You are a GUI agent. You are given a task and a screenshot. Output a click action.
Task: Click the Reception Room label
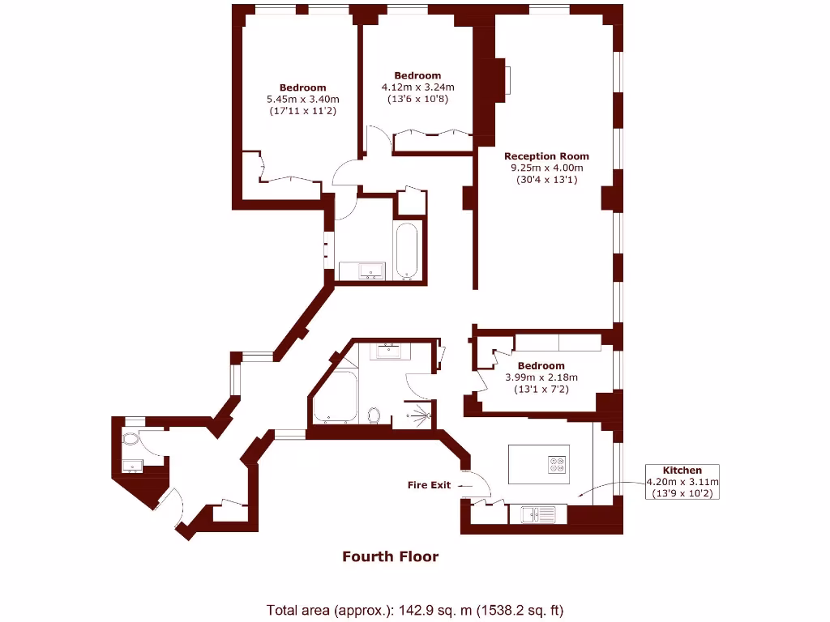point(546,156)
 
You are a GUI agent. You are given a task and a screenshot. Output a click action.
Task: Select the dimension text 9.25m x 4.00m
point(546,168)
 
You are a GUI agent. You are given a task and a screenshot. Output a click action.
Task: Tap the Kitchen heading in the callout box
point(682,470)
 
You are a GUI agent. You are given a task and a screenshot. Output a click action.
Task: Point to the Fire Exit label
point(429,485)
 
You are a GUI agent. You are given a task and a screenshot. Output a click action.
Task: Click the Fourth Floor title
point(390,556)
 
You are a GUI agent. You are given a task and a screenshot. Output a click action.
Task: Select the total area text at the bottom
point(414,610)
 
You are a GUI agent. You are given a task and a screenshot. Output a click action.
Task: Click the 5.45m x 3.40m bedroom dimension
point(302,100)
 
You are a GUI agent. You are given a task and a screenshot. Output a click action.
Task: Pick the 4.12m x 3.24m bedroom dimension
point(417,87)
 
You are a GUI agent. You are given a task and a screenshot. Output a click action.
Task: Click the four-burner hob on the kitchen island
point(558,465)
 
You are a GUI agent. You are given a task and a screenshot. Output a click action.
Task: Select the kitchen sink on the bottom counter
point(531,512)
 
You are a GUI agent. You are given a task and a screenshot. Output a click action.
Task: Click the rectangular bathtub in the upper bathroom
point(406,250)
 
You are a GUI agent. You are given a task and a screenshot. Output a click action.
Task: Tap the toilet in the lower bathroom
point(374,415)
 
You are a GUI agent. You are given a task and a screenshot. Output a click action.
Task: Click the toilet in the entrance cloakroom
point(132,439)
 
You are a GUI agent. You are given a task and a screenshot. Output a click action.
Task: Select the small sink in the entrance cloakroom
point(131,465)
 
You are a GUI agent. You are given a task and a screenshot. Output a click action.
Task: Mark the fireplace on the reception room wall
point(505,80)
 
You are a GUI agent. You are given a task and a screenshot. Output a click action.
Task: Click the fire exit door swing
point(480,484)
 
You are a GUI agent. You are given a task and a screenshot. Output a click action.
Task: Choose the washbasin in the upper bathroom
point(362,271)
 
